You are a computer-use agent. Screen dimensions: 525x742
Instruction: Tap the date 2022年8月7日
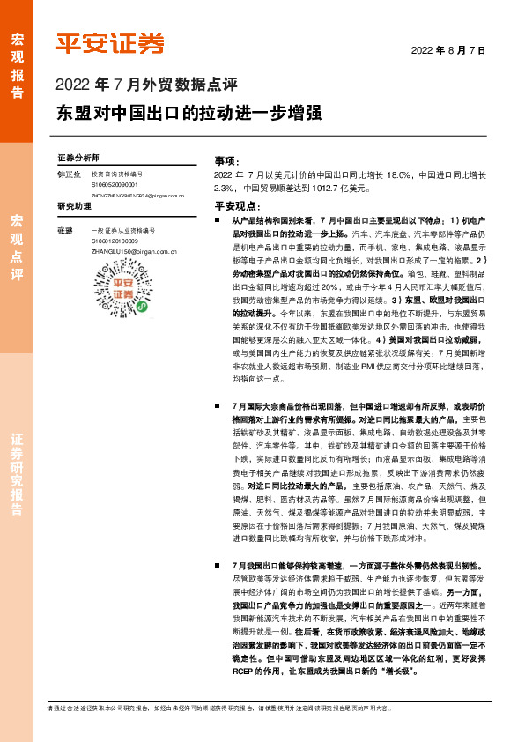click(x=449, y=51)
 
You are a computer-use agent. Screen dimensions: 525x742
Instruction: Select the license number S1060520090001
click(x=115, y=185)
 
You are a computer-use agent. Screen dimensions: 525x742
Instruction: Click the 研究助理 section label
click(x=74, y=206)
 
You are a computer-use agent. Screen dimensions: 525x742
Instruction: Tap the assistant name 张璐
click(x=64, y=231)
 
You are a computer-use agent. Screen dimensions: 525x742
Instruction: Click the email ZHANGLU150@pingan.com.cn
click(x=135, y=250)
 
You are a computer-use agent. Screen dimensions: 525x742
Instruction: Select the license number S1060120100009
click(x=115, y=241)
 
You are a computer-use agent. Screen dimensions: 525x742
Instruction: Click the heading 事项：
click(x=226, y=161)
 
